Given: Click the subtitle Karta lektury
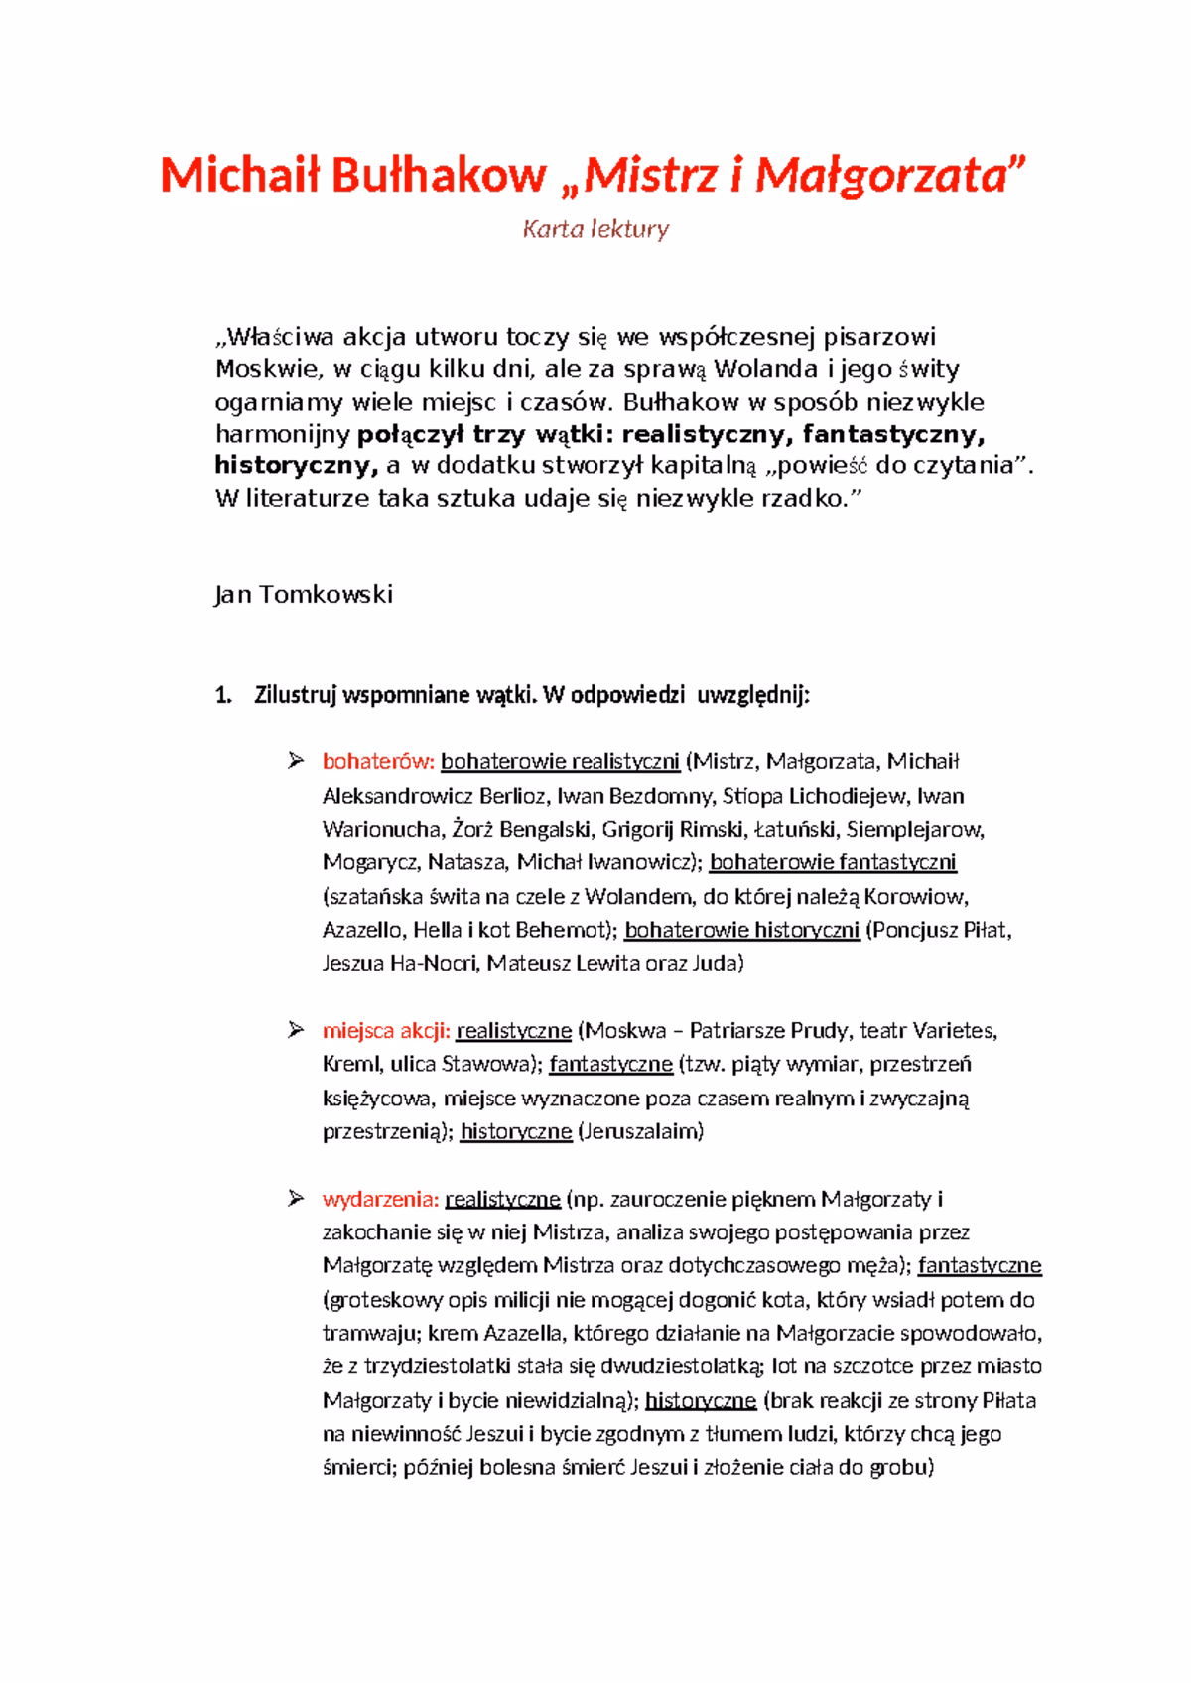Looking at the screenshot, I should coord(595,229).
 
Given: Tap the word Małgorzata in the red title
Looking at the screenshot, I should coord(888,176).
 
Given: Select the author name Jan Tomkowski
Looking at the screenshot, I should coord(304,594).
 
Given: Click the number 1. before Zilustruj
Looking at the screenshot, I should coord(222,695).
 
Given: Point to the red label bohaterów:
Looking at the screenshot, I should coord(378,762).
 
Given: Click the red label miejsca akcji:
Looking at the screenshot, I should coord(386,1031).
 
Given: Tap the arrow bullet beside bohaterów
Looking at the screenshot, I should coord(295,761).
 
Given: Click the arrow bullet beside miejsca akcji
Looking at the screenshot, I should coord(295,1030).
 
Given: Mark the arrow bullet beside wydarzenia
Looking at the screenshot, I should coord(295,1199).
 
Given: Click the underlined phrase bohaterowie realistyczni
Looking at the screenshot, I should coord(561,762).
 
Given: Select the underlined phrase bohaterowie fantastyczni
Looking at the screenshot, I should coord(833,862).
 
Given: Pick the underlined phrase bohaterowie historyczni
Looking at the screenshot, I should coord(741,930).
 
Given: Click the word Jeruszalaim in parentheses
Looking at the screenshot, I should coord(640,1131).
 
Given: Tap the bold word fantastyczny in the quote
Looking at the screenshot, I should coord(894,434).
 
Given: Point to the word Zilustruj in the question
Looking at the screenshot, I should coord(296,695).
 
